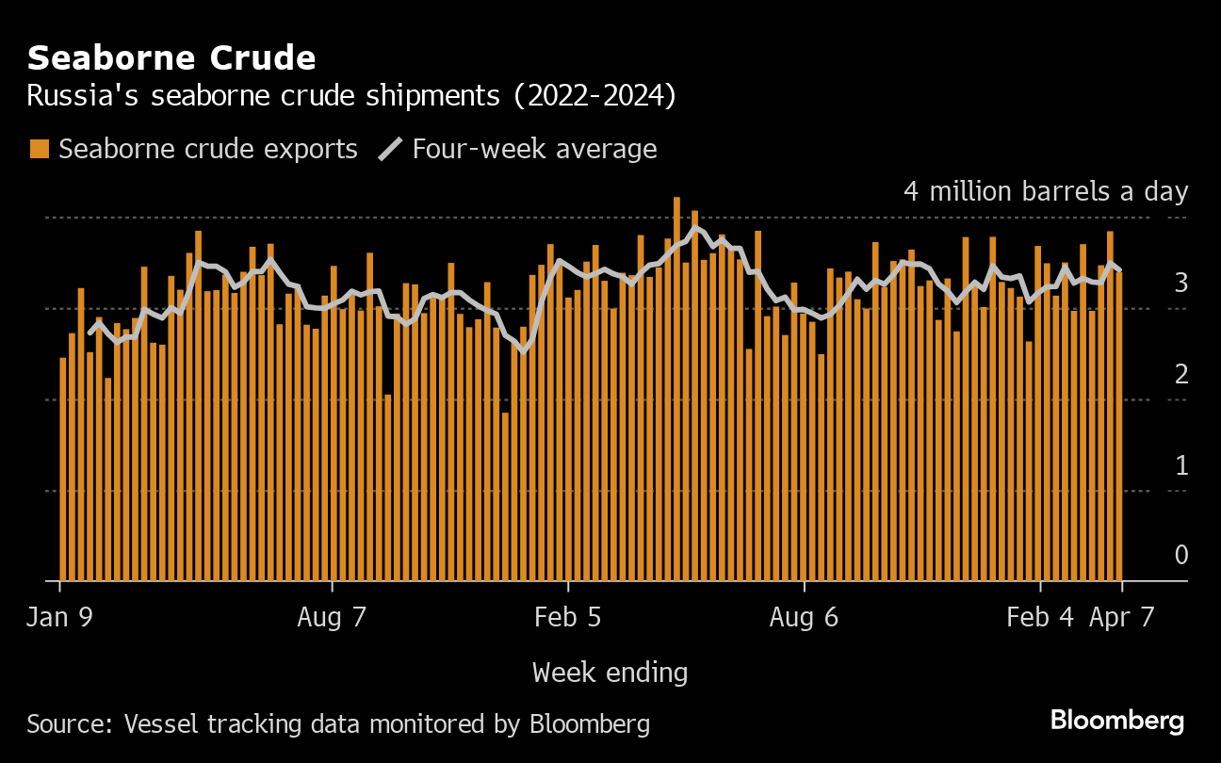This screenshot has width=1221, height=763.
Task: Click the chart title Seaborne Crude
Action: [x=171, y=58]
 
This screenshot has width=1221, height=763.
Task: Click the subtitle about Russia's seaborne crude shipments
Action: [x=350, y=97]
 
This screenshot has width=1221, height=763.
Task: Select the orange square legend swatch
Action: [x=40, y=149]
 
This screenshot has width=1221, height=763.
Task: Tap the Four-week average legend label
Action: [x=534, y=149]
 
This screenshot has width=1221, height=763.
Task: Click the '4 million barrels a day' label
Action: [x=1046, y=191]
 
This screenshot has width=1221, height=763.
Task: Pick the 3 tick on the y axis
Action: [x=1180, y=283]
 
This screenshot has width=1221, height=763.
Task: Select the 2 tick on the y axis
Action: [x=1180, y=374]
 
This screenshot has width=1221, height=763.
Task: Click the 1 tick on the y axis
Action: [x=1180, y=464]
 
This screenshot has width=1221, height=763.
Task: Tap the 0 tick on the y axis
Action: [x=1180, y=555]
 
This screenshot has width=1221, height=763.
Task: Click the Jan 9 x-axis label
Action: [x=61, y=617]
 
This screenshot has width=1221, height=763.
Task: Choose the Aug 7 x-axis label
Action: [x=332, y=617]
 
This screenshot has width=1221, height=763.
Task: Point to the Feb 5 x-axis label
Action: [x=567, y=617]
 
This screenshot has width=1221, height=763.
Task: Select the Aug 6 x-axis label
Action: [x=804, y=617]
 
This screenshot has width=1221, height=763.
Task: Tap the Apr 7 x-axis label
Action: [x=1120, y=617]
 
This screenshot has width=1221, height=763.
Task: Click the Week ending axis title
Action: [x=610, y=673]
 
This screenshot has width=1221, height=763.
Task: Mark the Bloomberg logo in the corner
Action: [x=1116, y=722]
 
